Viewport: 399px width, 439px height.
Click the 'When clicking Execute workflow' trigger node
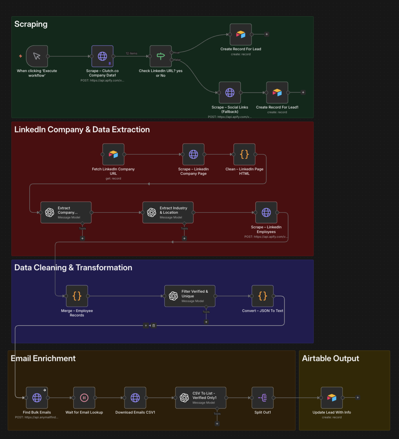pyautogui.click(x=37, y=56)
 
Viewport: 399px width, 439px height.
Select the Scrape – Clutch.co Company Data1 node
pyautogui.click(x=102, y=56)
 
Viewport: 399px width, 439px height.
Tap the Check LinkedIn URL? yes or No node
pyautogui.click(x=161, y=56)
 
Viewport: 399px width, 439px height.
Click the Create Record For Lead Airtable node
pyautogui.click(x=241, y=34)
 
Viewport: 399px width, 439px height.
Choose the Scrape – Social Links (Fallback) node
pyautogui.click(x=230, y=92)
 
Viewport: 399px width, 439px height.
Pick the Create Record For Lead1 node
pyautogui.click(x=277, y=92)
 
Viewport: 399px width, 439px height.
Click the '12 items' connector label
pyautogui.click(x=131, y=53)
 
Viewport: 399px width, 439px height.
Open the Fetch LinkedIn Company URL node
pyautogui.click(x=113, y=154)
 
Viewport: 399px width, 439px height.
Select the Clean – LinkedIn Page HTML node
pyautogui.click(x=244, y=154)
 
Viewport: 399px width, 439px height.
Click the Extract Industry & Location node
pyautogui.click(x=168, y=212)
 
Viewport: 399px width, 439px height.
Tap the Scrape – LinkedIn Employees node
pyautogui.click(x=266, y=212)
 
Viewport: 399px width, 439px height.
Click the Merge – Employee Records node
pyautogui.click(x=77, y=296)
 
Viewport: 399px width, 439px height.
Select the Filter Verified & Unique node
pyautogui.click(x=190, y=296)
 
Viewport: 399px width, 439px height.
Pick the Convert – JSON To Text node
pyautogui.click(x=263, y=296)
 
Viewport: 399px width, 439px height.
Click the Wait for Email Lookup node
pyautogui.click(x=84, y=398)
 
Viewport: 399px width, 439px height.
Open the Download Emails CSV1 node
pyautogui.click(x=135, y=398)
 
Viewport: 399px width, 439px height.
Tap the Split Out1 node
pyautogui.click(x=263, y=398)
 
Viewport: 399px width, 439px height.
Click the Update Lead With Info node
pyautogui.click(x=332, y=398)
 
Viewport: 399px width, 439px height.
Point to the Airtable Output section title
pyautogui.click(x=331, y=358)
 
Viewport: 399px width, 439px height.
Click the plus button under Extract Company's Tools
pyautogui.click(x=82, y=238)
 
